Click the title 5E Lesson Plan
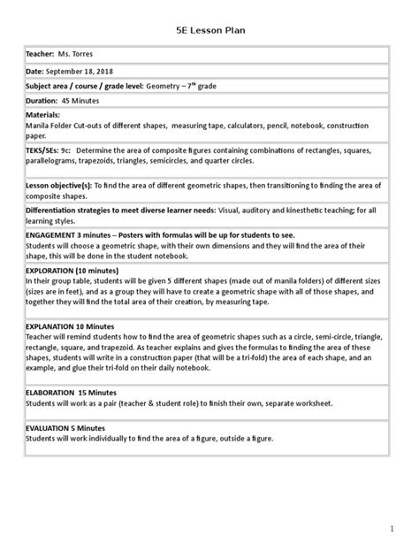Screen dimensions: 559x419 click(x=209, y=31)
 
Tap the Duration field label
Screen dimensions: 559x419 click(x=42, y=100)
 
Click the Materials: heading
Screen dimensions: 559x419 click(x=43, y=114)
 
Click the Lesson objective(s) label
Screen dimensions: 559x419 click(x=60, y=184)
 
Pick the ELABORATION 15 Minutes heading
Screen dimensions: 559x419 click(x=72, y=390)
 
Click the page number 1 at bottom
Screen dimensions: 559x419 click(x=390, y=529)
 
